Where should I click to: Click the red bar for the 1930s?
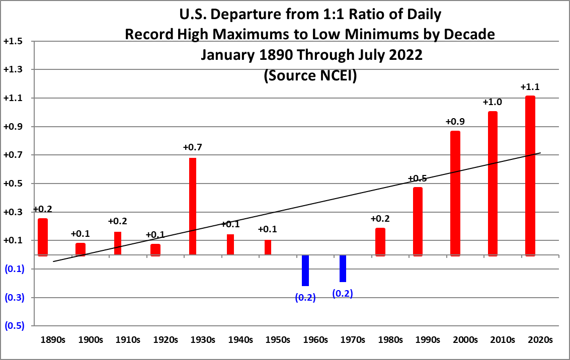point(193,206)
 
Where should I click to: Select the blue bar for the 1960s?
point(305,271)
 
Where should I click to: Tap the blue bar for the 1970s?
point(343,268)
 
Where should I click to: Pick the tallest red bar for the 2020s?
point(530,175)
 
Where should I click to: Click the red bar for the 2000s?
point(455,193)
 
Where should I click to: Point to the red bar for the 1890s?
point(43,237)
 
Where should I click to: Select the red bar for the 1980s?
point(380,242)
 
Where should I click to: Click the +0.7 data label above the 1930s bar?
point(193,147)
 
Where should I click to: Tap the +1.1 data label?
point(530,87)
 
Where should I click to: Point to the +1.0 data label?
point(493,102)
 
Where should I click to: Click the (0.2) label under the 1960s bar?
point(305,297)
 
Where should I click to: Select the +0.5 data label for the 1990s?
point(418,178)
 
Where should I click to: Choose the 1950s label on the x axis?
point(278,340)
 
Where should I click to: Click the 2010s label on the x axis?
point(503,340)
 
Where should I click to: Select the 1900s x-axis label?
point(91,340)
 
